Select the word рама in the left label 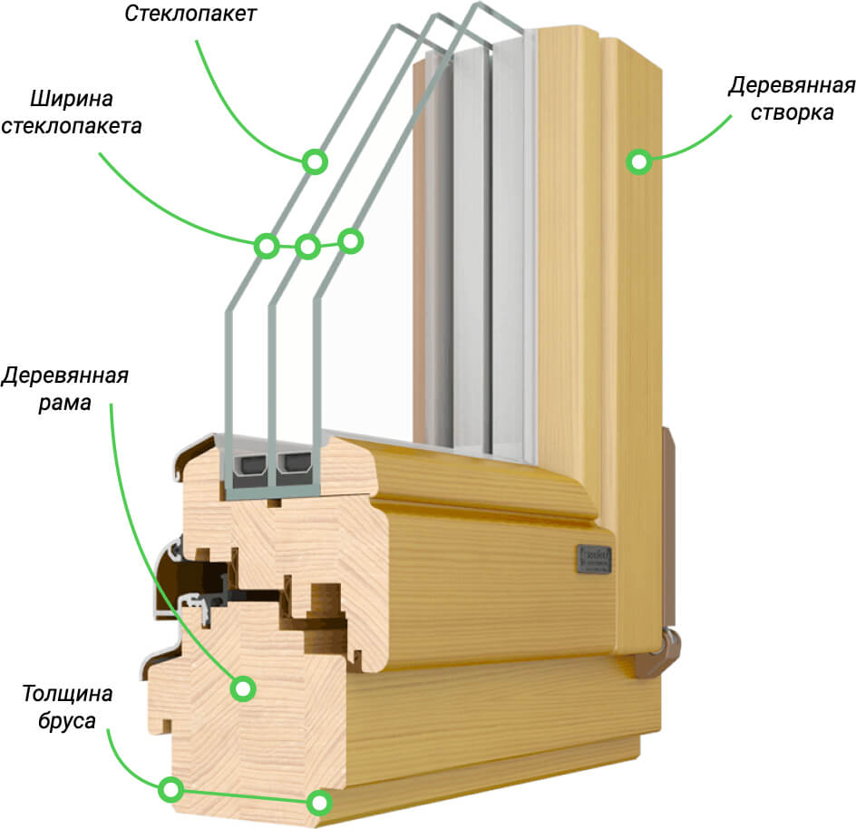click(65, 405)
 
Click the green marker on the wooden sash click(639, 162)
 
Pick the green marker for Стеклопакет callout click(314, 161)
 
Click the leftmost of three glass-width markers click(266, 245)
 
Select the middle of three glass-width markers click(307, 245)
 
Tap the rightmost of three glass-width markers click(350, 240)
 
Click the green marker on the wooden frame click(242, 689)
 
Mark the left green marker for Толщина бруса click(170, 789)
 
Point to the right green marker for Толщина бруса click(318, 802)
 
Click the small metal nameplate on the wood click(595, 559)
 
